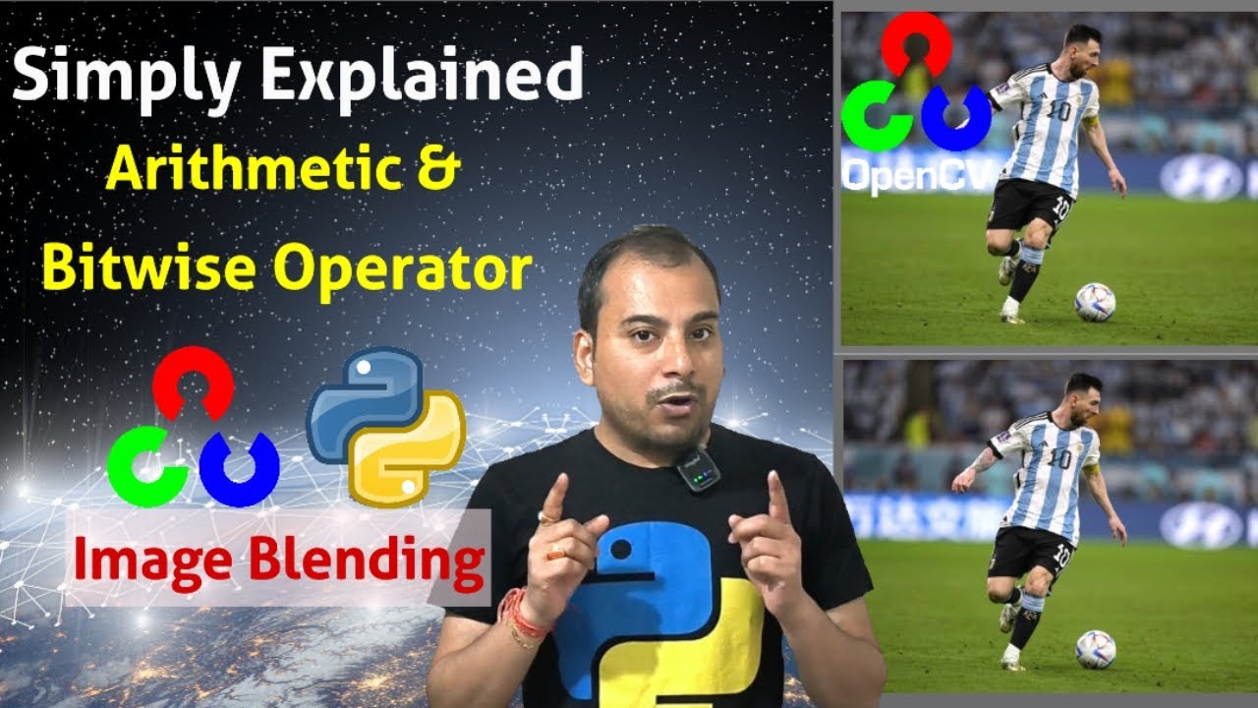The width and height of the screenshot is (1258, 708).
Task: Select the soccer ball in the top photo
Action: click(x=1095, y=302)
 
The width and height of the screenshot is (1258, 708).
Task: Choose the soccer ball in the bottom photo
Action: click(x=1095, y=649)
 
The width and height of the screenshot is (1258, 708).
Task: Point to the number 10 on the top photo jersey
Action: click(x=1058, y=110)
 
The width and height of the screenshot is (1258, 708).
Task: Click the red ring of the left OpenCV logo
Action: click(x=193, y=380)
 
